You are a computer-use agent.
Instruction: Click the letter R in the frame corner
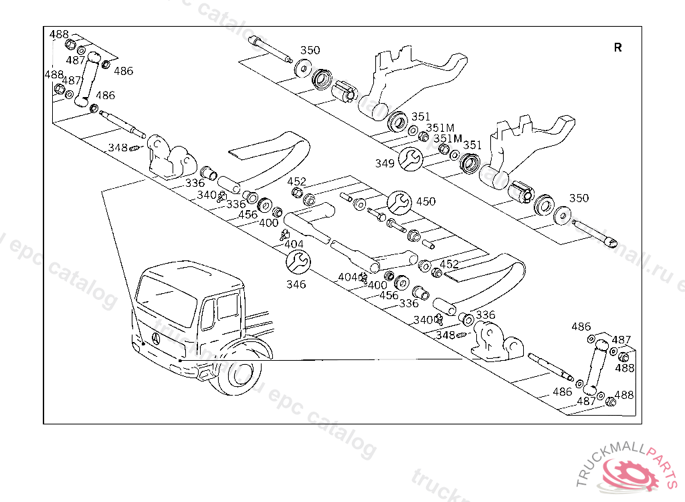[x=617, y=48]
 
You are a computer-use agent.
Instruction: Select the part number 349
[x=385, y=163]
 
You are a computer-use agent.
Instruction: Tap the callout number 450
[x=425, y=201]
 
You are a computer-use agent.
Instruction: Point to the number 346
[x=296, y=284]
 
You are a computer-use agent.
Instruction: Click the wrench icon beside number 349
[x=409, y=159]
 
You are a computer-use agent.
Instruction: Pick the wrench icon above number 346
[x=298, y=262]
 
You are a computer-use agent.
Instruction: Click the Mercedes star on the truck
[x=156, y=339]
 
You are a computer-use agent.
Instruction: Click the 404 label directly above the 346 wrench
[x=294, y=244]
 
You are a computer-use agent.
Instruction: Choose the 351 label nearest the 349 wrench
[x=421, y=116]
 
